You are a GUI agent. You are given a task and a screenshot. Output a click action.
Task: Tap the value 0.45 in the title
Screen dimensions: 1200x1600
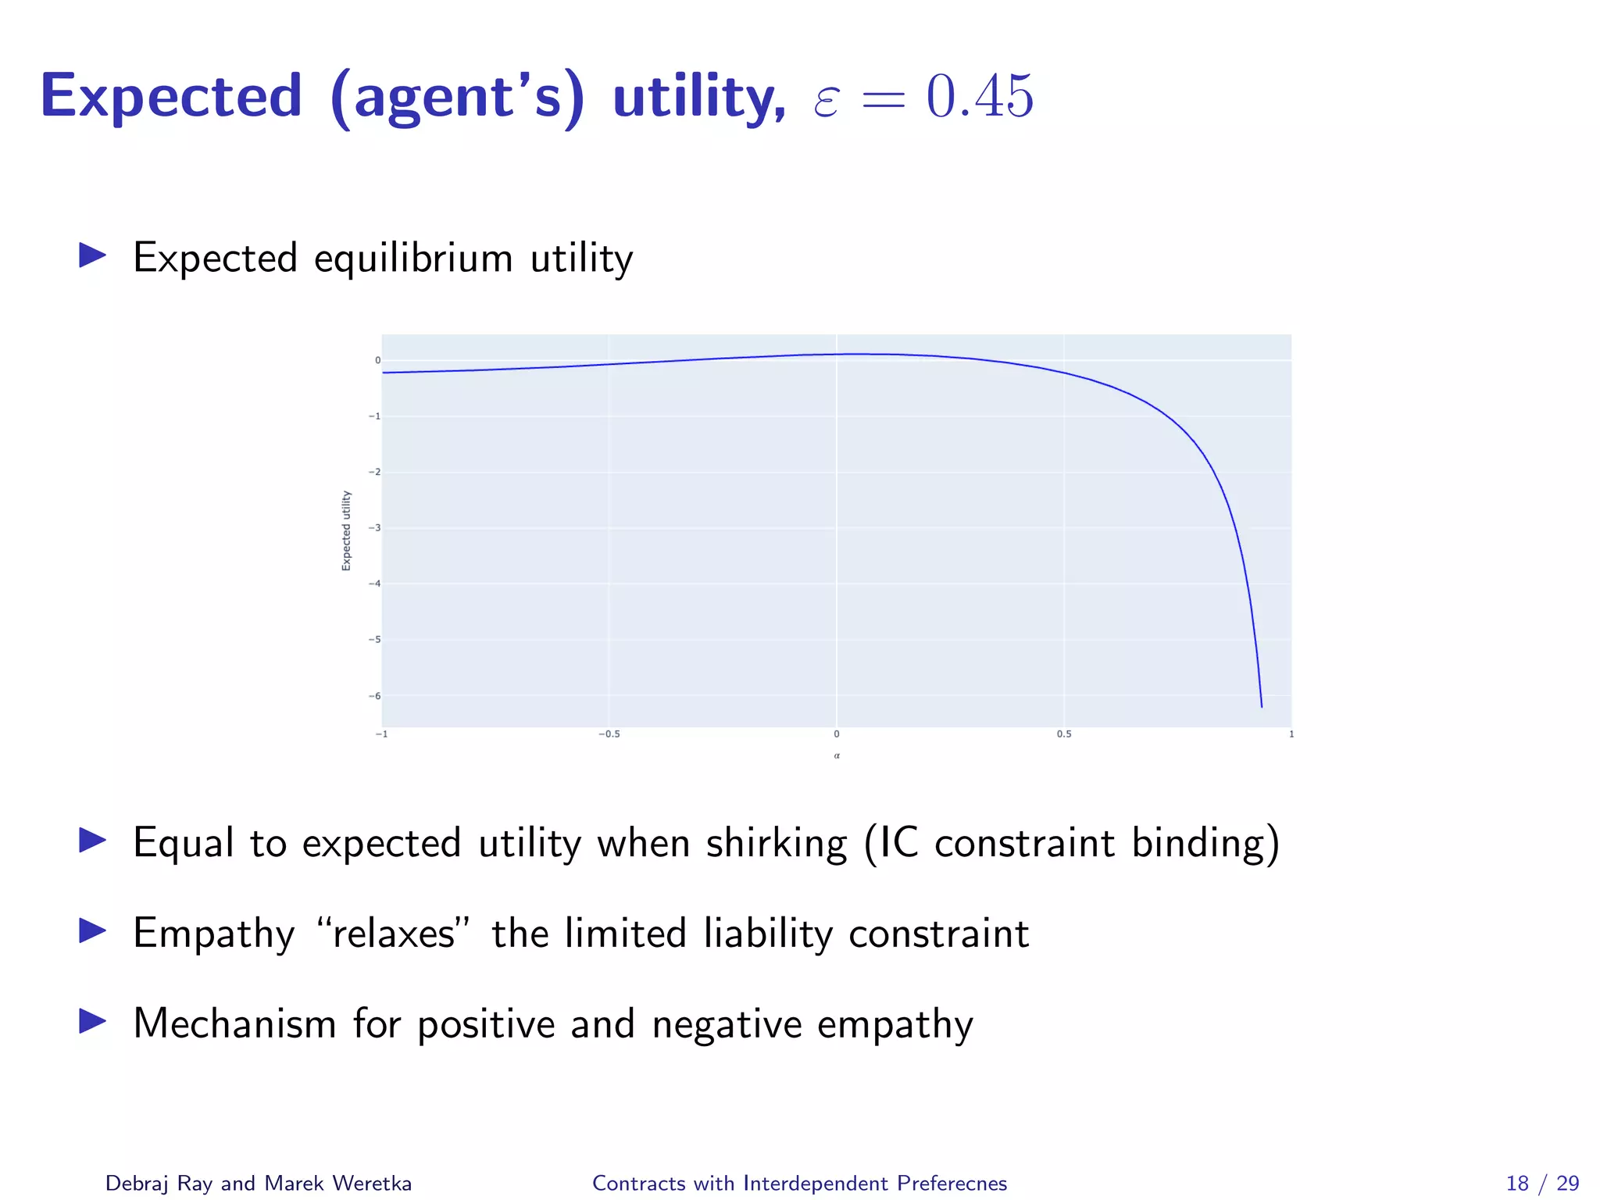point(980,97)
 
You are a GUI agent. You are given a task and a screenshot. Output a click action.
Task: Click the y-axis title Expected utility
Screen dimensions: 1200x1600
point(346,530)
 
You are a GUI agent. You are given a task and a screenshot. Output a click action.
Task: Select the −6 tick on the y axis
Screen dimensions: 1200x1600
point(375,696)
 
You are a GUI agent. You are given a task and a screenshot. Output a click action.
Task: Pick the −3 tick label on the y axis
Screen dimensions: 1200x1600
point(375,528)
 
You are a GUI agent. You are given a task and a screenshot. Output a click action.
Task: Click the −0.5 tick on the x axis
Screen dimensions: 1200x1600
point(609,734)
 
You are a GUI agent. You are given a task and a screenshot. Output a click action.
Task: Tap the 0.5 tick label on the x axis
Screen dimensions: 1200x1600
point(1064,734)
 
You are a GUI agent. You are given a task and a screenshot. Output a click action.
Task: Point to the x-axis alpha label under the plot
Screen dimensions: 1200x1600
point(837,755)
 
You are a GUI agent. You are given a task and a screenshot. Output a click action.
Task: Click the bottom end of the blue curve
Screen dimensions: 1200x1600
point(1261,706)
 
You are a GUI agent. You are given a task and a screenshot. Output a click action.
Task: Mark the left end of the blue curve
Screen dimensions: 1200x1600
point(384,373)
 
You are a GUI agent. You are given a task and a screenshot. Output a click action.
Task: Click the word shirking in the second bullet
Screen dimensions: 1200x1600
point(776,843)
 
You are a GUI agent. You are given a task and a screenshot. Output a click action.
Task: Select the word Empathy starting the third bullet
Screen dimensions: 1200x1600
point(213,934)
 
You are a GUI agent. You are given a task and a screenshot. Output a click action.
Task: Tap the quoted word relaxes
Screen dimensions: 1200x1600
point(394,933)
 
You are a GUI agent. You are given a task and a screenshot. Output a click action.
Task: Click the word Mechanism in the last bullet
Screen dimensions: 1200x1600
point(234,1023)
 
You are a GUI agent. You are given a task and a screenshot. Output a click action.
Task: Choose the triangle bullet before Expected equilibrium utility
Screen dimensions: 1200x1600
point(92,255)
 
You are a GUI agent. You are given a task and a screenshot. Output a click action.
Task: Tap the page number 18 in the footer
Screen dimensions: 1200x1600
point(1516,1184)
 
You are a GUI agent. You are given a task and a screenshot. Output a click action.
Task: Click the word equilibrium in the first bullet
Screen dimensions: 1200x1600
point(413,259)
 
